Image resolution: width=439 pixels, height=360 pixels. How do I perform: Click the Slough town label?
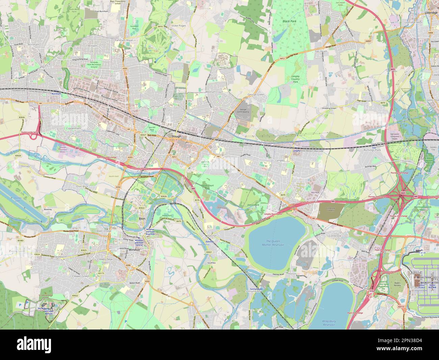click(x=176, y=136)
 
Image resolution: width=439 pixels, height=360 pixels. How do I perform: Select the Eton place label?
click(x=143, y=219)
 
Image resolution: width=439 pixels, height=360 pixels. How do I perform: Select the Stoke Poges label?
click(x=179, y=25)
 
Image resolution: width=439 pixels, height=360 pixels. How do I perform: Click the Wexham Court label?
click(x=215, y=92)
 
